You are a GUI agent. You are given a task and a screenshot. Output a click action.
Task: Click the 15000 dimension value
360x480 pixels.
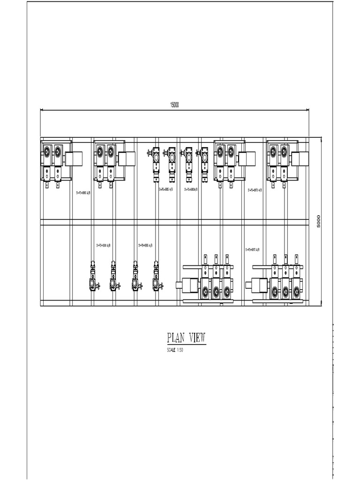pos(174,105)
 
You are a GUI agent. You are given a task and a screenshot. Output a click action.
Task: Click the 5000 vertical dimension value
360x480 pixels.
pos(318,221)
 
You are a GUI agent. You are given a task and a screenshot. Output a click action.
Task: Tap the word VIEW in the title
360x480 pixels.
pos(196,338)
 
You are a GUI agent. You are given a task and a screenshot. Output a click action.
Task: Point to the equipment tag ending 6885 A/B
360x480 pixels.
pos(165,189)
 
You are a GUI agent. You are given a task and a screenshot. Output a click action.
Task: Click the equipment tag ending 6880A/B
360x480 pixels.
pos(191,189)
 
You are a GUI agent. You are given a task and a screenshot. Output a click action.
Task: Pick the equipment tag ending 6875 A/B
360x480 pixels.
pos(255,190)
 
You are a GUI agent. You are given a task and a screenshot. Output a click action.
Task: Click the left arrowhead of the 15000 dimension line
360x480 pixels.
pos(42,110)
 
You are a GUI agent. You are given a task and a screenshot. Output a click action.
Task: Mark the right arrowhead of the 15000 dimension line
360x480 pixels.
pos(307,110)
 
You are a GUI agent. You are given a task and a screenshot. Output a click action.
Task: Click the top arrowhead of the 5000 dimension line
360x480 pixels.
pos(322,139)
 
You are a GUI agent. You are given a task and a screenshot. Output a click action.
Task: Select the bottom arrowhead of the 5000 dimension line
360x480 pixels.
pos(322,305)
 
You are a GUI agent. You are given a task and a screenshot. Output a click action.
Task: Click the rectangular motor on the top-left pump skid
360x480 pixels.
pos(74,159)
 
